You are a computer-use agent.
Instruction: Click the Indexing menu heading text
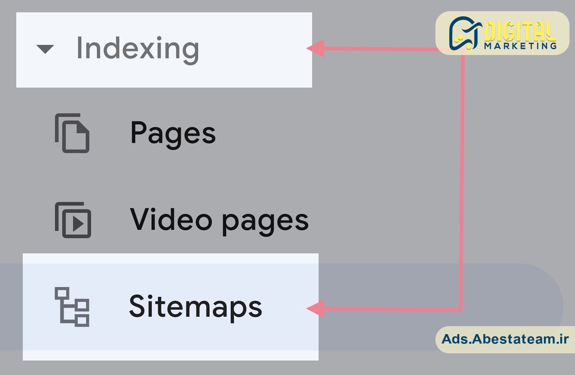pyautogui.click(x=138, y=49)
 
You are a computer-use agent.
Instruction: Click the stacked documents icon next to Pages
pyautogui.click(x=72, y=133)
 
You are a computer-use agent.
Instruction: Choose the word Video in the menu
pyautogui.click(x=171, y=219)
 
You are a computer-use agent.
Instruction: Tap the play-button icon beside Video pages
pyautogui.click(x=73, y=220)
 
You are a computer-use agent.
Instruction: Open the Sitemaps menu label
pyautogui.click(x=196, y=307)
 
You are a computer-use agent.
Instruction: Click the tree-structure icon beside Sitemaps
pyautogui.click(x=72, y=307)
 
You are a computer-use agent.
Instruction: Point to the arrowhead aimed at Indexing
pyautogui.click(x=316, y=48)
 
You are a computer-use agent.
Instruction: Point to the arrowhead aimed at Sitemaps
pyautogui.click(x=316, y=308)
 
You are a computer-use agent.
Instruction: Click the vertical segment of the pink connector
pyautogui.click(x=462, y=180)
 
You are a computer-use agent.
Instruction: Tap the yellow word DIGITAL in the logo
pyautogui.click(x=520, y=31)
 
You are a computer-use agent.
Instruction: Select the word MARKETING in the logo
pyautogui.click(x=520, y=46)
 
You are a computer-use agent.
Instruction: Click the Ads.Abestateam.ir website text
pyautogui.click(x=505, y=339)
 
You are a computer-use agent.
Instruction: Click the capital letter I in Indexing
pyautogui.click(x=79, y=48)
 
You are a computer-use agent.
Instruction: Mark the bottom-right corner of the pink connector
pyautogui.click(x=462, y=310)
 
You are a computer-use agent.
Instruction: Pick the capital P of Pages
pyautogui.click(x=139, y=132)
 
